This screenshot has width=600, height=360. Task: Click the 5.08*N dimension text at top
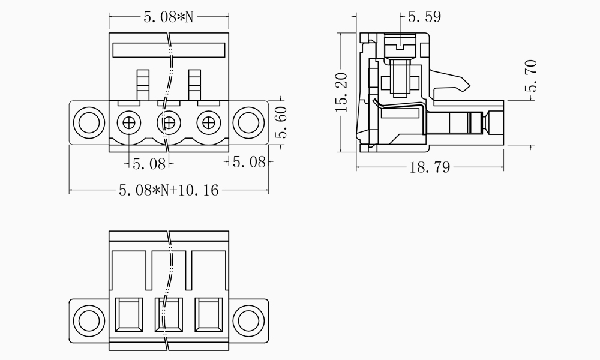click(x=169, y=17)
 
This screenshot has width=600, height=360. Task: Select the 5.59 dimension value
click(x=424, y=17)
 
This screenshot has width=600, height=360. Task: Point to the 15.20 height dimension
click(x=341, y=93)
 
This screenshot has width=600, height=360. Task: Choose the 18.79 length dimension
click(x=430, y=168)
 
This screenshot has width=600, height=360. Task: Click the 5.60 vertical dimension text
click(x=280, y=122)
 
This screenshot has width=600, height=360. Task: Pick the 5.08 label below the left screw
click(x=149, y=163)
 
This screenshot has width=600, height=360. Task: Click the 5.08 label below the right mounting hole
click(x=249, y=162)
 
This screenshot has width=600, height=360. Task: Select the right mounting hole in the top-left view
click(x=248, y=122)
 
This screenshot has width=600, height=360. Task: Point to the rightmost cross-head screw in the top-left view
click(x=209, y=123)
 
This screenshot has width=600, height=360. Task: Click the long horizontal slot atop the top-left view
click(x=169, y=50)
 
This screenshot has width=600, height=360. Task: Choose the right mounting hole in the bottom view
click(x=248, y=318)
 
